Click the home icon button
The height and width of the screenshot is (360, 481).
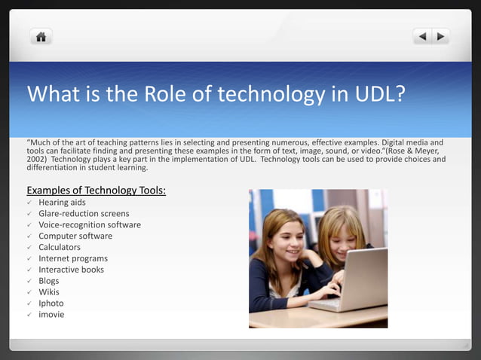[x=41, y=36]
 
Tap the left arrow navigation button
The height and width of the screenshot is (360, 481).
[x=422, y=36]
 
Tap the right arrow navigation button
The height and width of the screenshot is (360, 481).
[x=440, y=36]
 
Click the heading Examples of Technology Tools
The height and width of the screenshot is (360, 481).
[x=96, y=190]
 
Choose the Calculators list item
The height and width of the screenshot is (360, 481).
[x=60, y=247]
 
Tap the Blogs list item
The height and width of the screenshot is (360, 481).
[x=49, y=281]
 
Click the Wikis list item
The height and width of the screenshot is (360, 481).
[x=49, y=292]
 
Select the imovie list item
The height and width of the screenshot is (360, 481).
[x=51, y=314]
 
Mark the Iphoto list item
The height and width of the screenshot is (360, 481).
[x=51, y=303]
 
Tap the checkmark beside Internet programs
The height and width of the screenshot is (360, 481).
[x=30, y=258]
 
